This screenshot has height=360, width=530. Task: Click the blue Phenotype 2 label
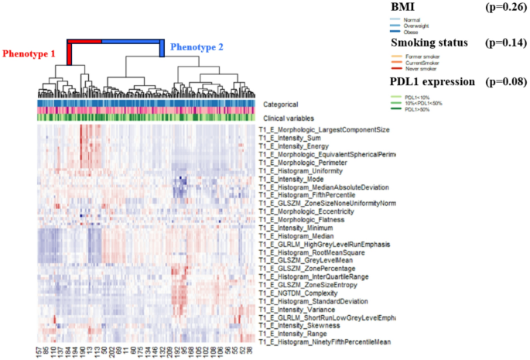click(197, 47)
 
